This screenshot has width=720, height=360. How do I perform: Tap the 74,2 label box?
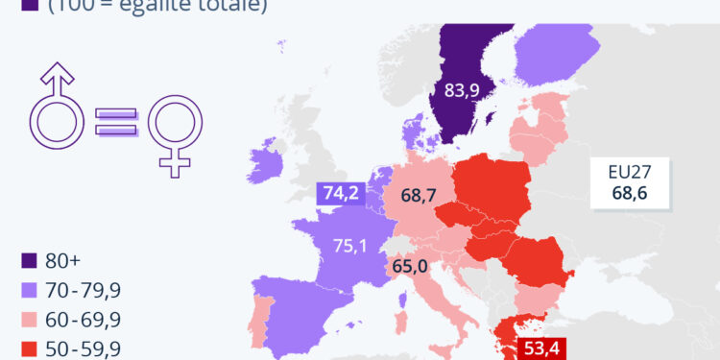click(x=340, y=194)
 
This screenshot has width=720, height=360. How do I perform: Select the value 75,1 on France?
click(x=349, y=246)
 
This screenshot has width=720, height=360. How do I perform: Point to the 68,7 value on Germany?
click(x=419, y=196)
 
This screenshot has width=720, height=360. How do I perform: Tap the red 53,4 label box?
click(x=539, y=348)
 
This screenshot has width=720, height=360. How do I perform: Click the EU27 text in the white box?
click(x=630, y=173)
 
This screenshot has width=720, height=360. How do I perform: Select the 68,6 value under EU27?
click(x=630, y=194)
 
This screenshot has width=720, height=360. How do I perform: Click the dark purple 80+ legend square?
click(x=29, y=259)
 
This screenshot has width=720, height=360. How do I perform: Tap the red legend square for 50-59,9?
click(x=29, y=348)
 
